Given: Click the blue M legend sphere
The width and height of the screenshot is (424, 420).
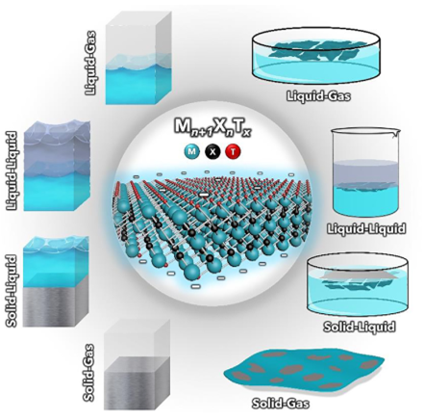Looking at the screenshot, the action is (x=191, y=152).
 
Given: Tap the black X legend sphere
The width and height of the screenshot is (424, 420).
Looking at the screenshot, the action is (x=212, y=152).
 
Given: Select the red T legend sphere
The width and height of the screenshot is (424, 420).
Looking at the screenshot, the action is (x=234, y=152).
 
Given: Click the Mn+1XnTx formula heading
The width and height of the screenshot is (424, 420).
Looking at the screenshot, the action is (x=212, y=128).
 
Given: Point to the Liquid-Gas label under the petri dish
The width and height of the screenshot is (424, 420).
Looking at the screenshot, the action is (x=317, y=95).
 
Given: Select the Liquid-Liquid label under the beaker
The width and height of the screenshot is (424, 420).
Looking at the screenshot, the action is (x=366, y=228).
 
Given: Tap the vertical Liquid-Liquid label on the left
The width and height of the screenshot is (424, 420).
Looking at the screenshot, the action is (x=13, y=171).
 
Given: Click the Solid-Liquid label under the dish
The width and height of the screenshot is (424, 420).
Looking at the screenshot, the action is (x=359, y=327).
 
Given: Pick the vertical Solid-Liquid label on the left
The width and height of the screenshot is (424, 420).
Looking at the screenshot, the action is (x=13, y=292).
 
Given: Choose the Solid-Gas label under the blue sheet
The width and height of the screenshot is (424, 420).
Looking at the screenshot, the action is (x=281, y=403).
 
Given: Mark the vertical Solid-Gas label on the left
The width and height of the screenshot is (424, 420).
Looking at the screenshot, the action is (x=90, y=373).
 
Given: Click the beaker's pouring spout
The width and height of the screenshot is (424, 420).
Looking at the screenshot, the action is (x=395, y=132).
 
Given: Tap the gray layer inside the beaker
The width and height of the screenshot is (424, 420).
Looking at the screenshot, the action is (x=364, y=172).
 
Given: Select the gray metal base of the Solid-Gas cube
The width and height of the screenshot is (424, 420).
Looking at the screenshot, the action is (x=136, y=382).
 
